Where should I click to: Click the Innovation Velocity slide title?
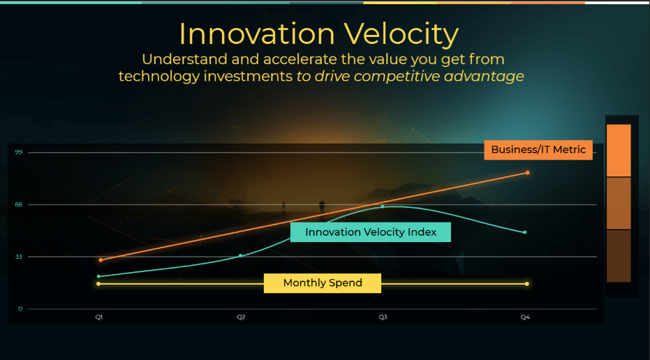coord(319,34)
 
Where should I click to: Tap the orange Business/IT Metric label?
coord(538,150)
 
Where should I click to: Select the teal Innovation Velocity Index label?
coord(371,232)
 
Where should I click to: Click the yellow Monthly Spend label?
coord(323,283)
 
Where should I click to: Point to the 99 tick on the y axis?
coord(19,153)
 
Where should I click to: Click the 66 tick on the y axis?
coord(19,204)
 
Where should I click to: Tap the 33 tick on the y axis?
coord(19,257)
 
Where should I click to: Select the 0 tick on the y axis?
coord(20,308)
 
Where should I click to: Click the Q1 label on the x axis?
coord(98,317)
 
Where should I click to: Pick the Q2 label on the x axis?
coord(241,317)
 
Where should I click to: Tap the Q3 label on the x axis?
coord(383,317)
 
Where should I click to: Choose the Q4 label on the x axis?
coord(525,317)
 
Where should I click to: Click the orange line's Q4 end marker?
coord(527,173)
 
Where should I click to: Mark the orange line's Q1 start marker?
coord(101,260)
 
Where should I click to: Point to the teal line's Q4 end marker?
coord(525,232)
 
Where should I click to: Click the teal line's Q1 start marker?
coord(98,276)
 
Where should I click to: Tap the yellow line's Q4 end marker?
coord(527,284)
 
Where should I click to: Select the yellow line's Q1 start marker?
coord(98,284)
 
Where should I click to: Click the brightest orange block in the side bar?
coord(619,151)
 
